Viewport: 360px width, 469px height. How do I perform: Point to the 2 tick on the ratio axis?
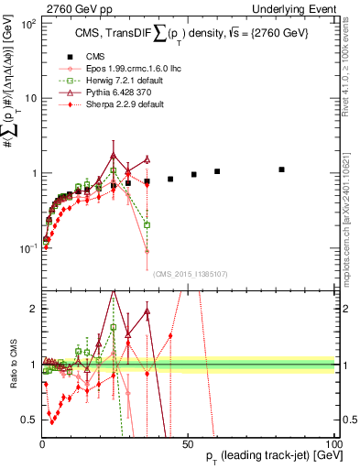point(33,309)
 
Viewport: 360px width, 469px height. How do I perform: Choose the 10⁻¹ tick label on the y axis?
point(27,247)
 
